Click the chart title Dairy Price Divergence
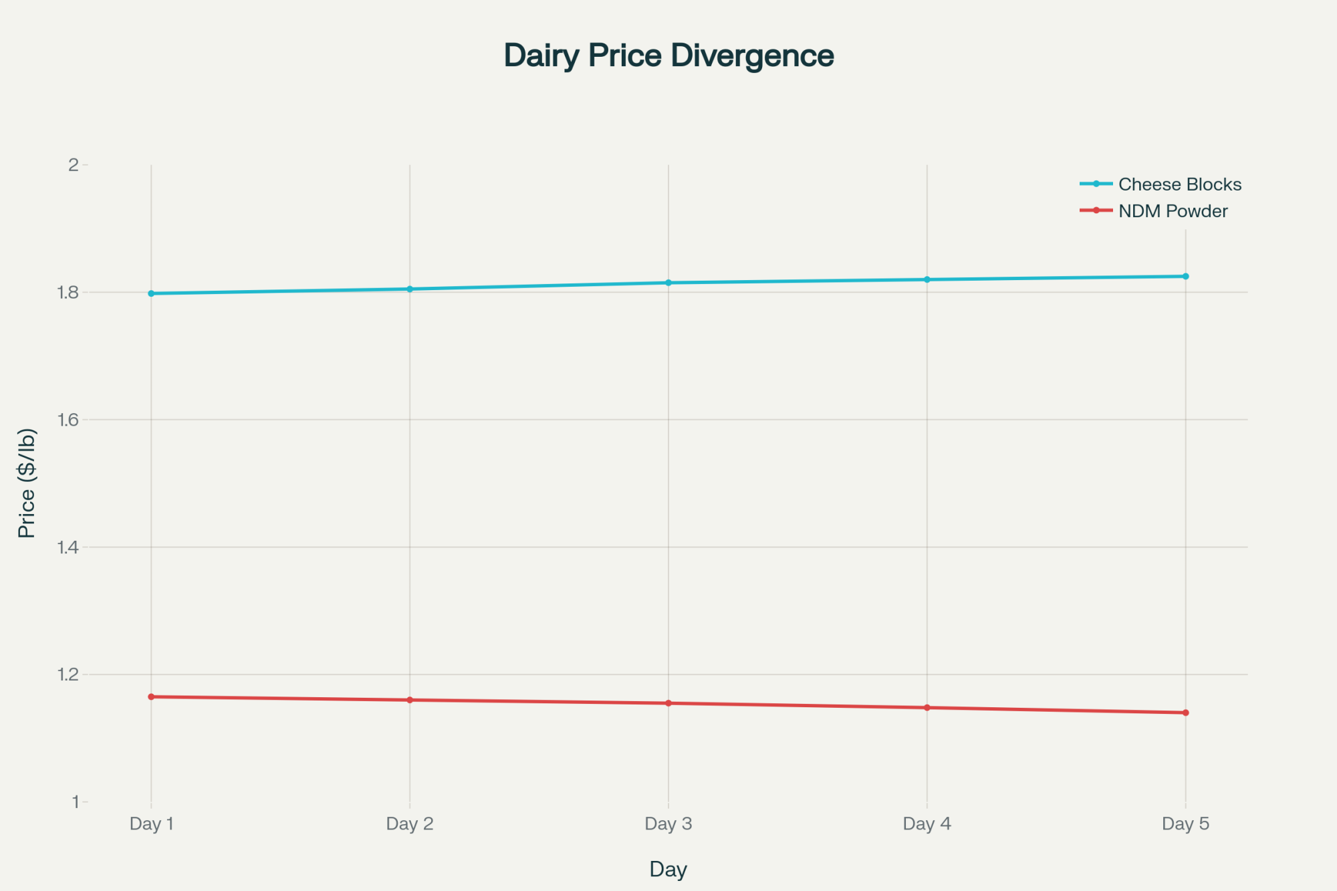(x=668, y=55)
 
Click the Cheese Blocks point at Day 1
(x=151, y=293)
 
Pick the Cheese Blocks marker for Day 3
(x=668, y=283)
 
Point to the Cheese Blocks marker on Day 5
(x=1185, y=276)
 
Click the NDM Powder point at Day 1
(x=151, y=696)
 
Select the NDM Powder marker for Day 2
(x=410, y=700)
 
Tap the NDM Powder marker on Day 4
(x=927, y=707)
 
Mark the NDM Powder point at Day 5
(x=1185, y=713)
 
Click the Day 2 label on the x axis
(x=410, y=823)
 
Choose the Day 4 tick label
(x=927, y=823)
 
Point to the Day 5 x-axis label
(x=1185, y=823)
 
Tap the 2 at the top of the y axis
(x=74, y=164)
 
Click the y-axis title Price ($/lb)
(x=27, y=483)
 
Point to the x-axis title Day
(x=668, y=869)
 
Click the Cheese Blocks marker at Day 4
(x=927, y=279)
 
